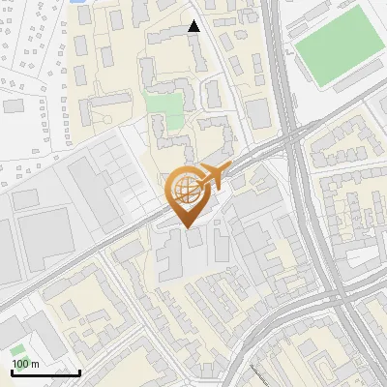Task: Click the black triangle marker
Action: tap(194, 26)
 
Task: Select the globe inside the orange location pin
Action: tap(186, 188)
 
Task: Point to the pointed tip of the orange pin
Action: tap(187, 227)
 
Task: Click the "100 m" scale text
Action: tap(26, 364)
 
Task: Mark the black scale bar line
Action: tap(45, 372)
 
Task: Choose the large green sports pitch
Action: tap(338, 45)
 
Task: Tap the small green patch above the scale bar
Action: tap(17, 350)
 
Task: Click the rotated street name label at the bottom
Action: tap(257, 375)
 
